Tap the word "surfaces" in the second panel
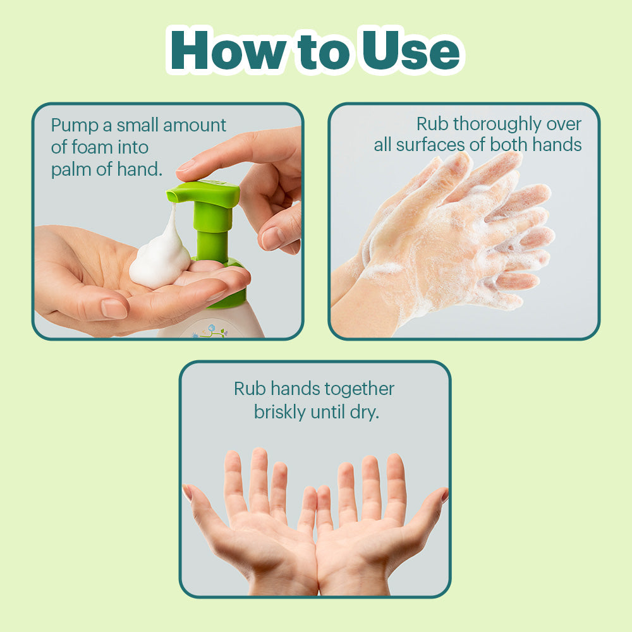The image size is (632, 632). [430, 144]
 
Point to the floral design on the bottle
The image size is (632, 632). [210, 331]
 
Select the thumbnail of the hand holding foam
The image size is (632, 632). [113, 309]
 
